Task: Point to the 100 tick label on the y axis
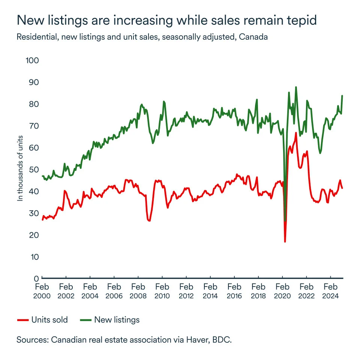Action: coord(32,60)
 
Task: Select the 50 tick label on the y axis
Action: coord(33,169)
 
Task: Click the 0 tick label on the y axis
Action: coord(36,279)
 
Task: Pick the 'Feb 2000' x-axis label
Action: coord(42,291)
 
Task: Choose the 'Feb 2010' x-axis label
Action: coord(162,291)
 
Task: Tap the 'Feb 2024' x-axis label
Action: coord(330,291)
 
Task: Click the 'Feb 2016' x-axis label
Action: coord(234,291)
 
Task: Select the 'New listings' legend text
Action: coord(117,320)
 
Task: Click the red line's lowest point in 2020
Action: coord(285,241)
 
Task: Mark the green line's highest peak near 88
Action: coord(296,87)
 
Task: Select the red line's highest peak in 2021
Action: coord(296,133)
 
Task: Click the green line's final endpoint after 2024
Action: coord(342,96)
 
